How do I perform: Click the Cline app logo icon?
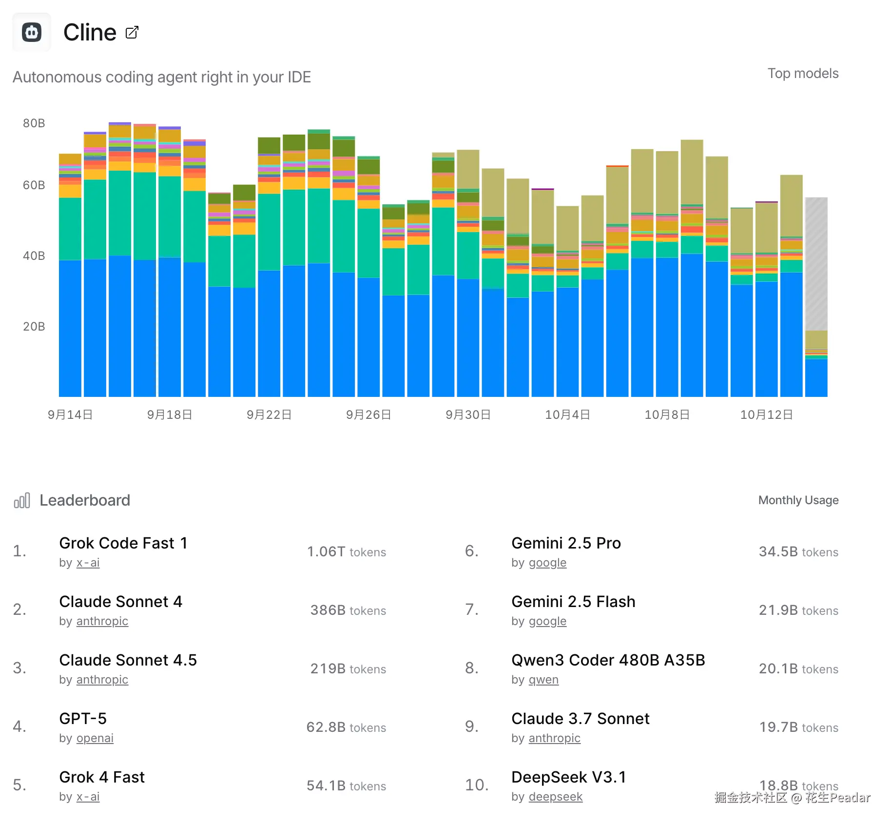click(32, 33)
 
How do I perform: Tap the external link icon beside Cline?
click(132, 33)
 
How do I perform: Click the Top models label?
click(803, 74)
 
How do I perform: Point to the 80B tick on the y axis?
click(34, 123)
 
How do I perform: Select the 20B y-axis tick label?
click(34, 327)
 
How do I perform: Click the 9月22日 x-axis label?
click(269, 415)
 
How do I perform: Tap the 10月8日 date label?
click(667, 415)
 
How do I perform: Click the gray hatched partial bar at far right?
click(816, 263)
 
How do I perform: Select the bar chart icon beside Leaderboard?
click(22, 501)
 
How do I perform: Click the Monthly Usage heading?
click(798, 500)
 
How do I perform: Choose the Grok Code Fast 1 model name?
click(123, 543)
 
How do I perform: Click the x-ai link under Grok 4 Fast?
click(88, 797)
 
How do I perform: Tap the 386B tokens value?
click(348, 610)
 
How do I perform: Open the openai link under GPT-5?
click(95, 738)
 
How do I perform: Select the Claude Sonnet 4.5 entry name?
click(128, 660)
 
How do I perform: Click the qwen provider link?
click(543, 680)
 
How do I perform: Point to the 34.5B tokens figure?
click(798, 552)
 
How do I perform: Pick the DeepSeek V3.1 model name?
click(569, 777)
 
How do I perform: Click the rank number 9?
click(471, 727)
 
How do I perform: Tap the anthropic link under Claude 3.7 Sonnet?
click(554, 738)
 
